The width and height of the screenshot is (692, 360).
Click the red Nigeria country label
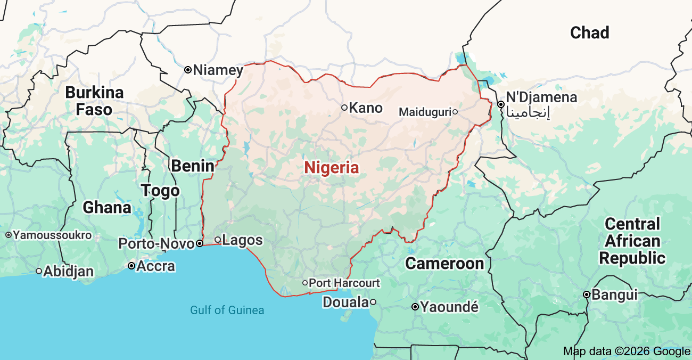331,168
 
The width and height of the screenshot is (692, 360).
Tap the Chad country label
589,32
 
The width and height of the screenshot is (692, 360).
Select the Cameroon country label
444,263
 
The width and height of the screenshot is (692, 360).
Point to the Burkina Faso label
94,101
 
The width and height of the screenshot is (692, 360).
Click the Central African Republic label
632,241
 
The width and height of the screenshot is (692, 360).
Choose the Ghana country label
106,207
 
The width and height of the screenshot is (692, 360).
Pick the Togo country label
160,190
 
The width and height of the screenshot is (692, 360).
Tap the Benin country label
192,166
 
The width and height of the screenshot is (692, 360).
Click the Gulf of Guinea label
227,310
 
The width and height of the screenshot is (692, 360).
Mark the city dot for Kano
344,108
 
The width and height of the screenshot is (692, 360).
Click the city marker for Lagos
217,239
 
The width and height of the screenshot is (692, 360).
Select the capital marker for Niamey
188,70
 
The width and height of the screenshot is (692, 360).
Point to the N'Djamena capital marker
500,104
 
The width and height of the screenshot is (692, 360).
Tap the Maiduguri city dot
455,112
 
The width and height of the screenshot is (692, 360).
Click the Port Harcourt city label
344,283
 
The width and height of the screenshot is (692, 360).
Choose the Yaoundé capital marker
415,307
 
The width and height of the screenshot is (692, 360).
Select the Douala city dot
373,302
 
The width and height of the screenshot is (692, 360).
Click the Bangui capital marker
586,294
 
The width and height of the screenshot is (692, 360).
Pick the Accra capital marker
131,266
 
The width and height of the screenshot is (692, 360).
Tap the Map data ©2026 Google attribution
627,351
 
